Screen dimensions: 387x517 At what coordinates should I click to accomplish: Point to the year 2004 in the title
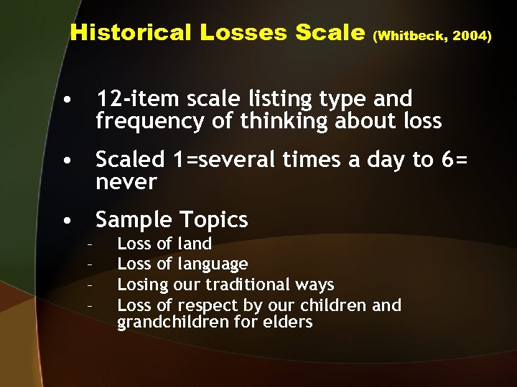point(473,35)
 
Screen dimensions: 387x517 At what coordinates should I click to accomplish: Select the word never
point(126,183)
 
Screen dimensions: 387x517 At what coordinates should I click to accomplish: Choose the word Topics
point(213,220)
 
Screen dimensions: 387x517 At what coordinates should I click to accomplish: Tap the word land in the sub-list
point(194,244)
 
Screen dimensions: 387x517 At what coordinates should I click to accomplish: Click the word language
point(212,264)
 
